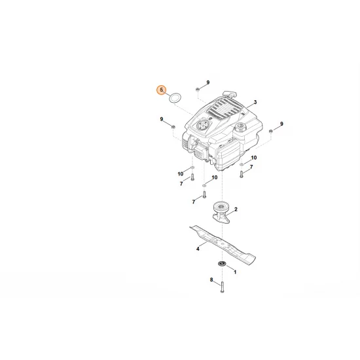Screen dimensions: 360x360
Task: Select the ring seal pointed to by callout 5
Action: click(x=175, y=99)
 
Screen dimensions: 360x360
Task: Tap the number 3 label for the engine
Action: click(x=255, y=103)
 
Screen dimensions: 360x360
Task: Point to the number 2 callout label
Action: click(x=235, y=209)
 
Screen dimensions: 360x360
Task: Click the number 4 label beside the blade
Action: click(x=198, y=249)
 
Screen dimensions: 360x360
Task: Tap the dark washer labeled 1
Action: click(x=222, y=264)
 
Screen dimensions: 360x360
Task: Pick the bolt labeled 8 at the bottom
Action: click(x=223, y=287)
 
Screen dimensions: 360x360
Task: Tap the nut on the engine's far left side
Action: click(x=173, y=125)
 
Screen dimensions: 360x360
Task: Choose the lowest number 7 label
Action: click(x=193, y=202)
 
